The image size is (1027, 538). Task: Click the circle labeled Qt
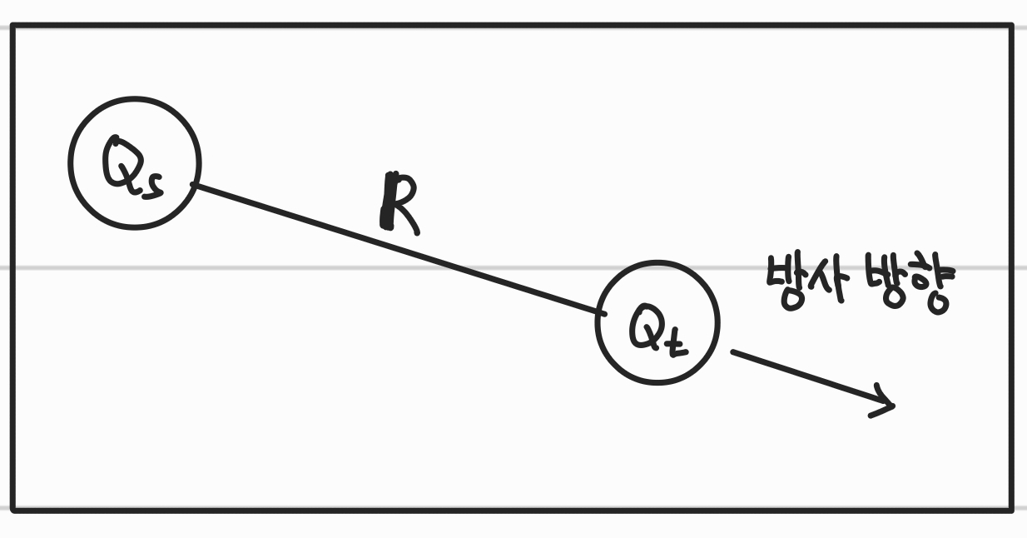click(656, 322)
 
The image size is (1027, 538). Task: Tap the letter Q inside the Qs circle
click(122, 163)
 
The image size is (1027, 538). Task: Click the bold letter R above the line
click(399, 203)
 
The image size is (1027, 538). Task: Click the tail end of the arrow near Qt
click(734, 353)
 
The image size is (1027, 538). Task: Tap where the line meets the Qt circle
click(600, 313)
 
